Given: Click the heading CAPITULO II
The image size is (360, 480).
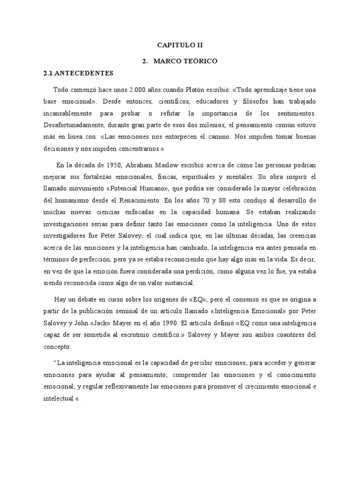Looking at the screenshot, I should click(x=180, y=45).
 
